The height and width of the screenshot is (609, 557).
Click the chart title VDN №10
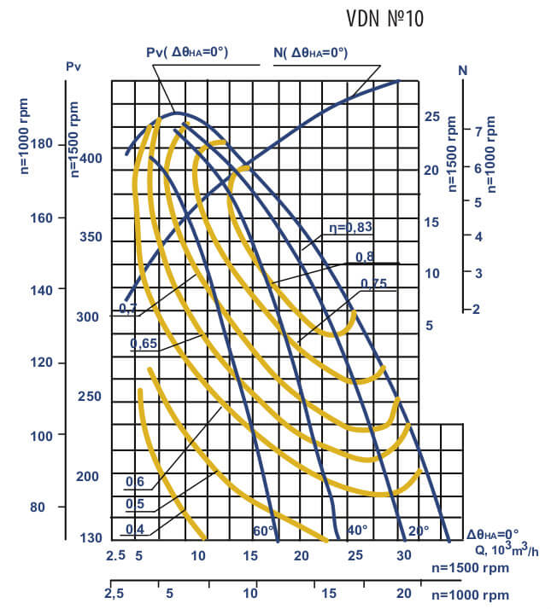[384, 19]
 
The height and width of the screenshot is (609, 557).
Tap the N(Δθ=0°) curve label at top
[310, 53]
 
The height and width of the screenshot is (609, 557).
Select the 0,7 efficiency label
[127, 309]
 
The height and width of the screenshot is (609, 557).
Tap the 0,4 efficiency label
[134, 530]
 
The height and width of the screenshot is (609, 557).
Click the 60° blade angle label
[263, 531]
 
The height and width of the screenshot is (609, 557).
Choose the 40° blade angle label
[357, 531]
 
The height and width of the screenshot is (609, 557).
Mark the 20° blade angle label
[419, 531]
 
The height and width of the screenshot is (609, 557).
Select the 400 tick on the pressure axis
[90, 159]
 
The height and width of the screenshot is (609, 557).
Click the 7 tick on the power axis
[466, 131]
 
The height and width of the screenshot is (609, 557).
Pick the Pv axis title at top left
[73, 65]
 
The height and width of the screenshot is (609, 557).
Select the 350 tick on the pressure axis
[90, 237]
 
